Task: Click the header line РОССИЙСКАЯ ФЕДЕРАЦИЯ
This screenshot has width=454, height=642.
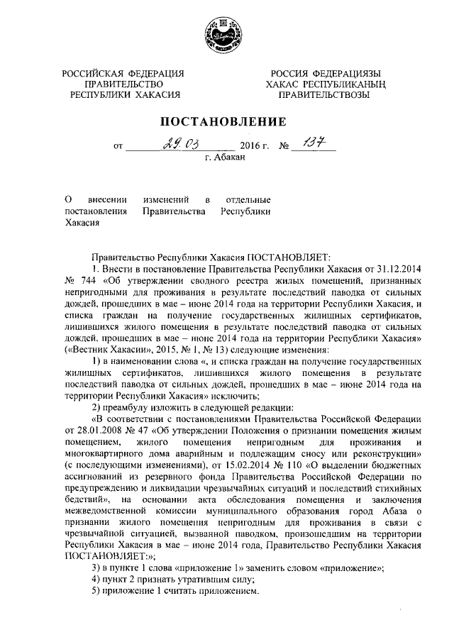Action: pos(123,73)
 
